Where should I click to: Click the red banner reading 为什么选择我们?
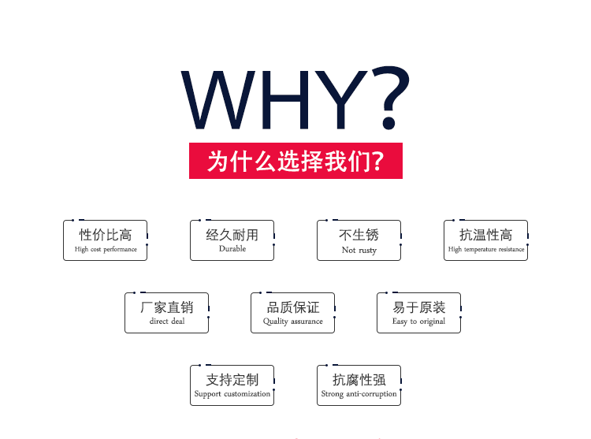295,161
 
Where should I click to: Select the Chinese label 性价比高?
105,235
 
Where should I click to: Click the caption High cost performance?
106,250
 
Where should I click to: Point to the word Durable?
232,249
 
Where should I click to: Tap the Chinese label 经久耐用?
232,235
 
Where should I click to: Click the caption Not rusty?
359,250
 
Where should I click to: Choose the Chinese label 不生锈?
359,235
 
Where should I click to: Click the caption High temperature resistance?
486,250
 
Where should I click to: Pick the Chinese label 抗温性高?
486,235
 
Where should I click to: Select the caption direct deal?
167,321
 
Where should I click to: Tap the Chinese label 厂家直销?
166,307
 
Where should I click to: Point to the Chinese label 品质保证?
293,307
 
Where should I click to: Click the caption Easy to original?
418,322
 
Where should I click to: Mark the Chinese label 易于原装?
418,307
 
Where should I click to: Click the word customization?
247,394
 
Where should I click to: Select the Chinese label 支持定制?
232,380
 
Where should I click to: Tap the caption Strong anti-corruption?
359,394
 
